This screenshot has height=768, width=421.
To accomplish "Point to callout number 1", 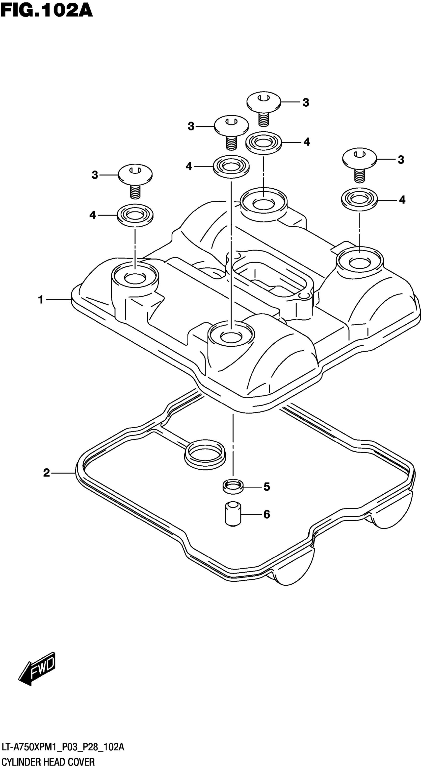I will click(41, 300).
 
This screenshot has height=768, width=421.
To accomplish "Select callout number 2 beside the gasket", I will click(46, 473).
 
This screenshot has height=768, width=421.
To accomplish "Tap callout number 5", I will click(266, 487).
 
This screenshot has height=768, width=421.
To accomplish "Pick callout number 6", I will click(266, 514).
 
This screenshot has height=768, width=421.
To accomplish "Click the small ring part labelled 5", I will click(233, 487).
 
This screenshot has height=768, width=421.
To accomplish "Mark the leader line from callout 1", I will click(58, 299).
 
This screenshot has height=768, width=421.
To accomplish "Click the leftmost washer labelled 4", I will click(135, 215).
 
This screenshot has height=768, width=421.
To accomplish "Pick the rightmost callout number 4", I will click(402, 200).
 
